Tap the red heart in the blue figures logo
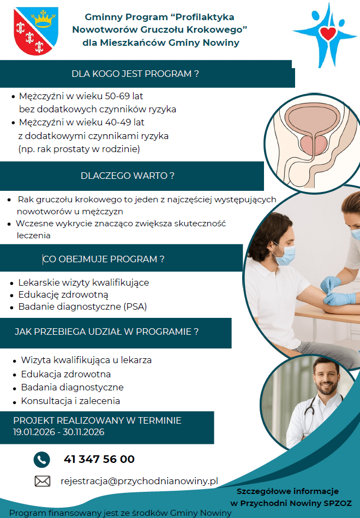point(328,33)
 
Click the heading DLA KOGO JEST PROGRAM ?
point(135,74)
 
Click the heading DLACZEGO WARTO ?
point(127,176)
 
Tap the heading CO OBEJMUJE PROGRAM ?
point(104,259)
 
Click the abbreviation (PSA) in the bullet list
point(135,306)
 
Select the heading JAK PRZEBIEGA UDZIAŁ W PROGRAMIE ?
point(106,332)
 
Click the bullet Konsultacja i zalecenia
point(70,401)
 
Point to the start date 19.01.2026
point(34,432)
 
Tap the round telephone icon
point(41,460)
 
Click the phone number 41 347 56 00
point(99,459)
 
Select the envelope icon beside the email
point(43,481)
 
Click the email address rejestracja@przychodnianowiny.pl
point(139,481)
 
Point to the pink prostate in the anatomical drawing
point(314,144)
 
